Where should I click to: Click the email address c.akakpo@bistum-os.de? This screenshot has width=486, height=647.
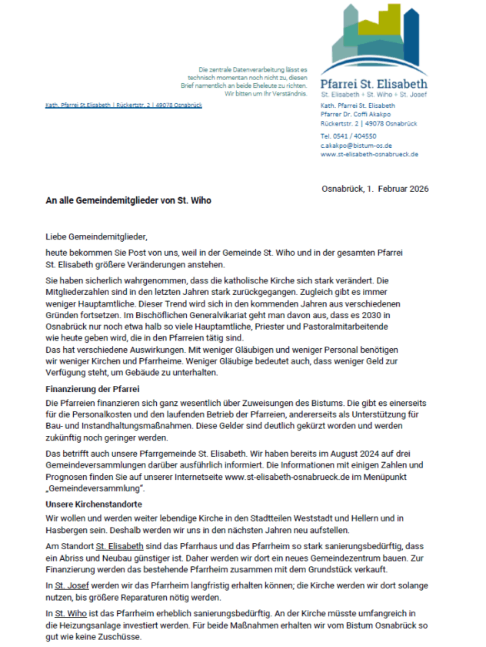coord(356,145)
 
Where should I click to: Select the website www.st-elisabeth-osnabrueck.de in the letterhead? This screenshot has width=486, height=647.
coord(369,154)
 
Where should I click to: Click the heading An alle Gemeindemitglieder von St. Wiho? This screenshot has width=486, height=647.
coord(128,200)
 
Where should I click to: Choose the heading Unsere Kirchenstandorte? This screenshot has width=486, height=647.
coord(91,503)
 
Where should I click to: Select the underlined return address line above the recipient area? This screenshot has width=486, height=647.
coord(124,105)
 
